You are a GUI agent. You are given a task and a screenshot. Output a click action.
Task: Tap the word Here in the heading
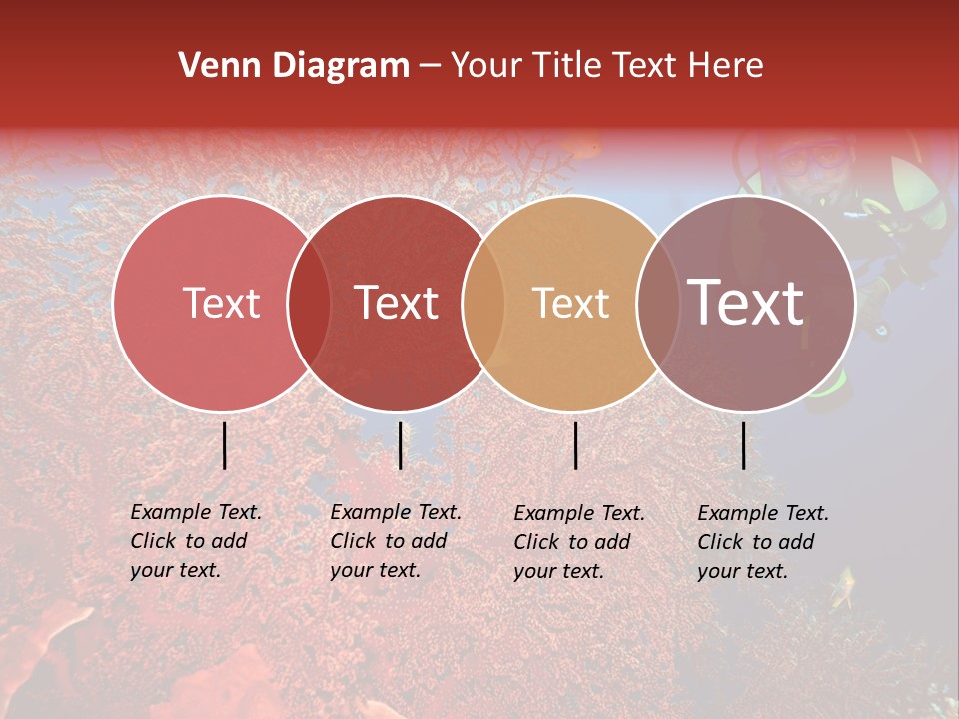(728, 66)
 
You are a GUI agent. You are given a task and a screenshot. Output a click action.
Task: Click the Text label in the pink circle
(221, 303)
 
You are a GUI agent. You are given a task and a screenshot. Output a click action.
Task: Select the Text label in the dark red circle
(396, 303)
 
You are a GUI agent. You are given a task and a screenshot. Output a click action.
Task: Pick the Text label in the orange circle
(570, 303)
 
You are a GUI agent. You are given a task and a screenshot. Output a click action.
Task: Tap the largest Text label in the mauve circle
(745, 303)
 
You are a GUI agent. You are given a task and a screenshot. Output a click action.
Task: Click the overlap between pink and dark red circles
(309, 303)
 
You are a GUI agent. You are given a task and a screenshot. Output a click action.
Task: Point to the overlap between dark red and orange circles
(483, 303)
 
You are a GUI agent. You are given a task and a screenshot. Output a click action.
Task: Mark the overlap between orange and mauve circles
(658, 303)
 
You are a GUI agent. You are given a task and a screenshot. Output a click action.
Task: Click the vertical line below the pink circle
(225, 445)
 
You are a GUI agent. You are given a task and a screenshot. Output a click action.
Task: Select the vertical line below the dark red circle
(400, 445)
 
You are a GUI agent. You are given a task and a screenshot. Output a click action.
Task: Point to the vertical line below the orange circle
(576, 445)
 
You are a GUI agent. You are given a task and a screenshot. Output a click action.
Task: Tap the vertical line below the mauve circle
(744, 445)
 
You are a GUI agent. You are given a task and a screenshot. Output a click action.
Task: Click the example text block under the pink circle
(196, 541)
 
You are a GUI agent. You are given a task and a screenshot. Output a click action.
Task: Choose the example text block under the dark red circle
(396, 541)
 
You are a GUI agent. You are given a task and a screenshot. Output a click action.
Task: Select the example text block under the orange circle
(579, 542)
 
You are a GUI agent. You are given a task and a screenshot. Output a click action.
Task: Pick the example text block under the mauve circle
(763, 542)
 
